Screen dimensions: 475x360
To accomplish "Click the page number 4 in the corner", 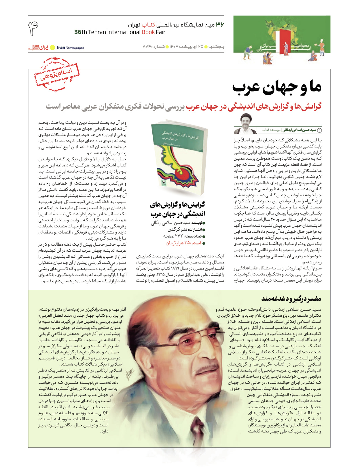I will point(33,28).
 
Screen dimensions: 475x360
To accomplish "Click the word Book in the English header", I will point(148,32).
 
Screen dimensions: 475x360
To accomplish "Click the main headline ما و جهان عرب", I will point(276,88).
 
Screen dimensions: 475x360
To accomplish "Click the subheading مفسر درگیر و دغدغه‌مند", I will point(291,299).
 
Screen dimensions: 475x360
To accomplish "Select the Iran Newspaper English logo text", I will point(71,48).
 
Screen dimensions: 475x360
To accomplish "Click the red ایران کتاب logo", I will point(38,48).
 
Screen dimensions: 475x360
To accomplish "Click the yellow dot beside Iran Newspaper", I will point(52,48).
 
